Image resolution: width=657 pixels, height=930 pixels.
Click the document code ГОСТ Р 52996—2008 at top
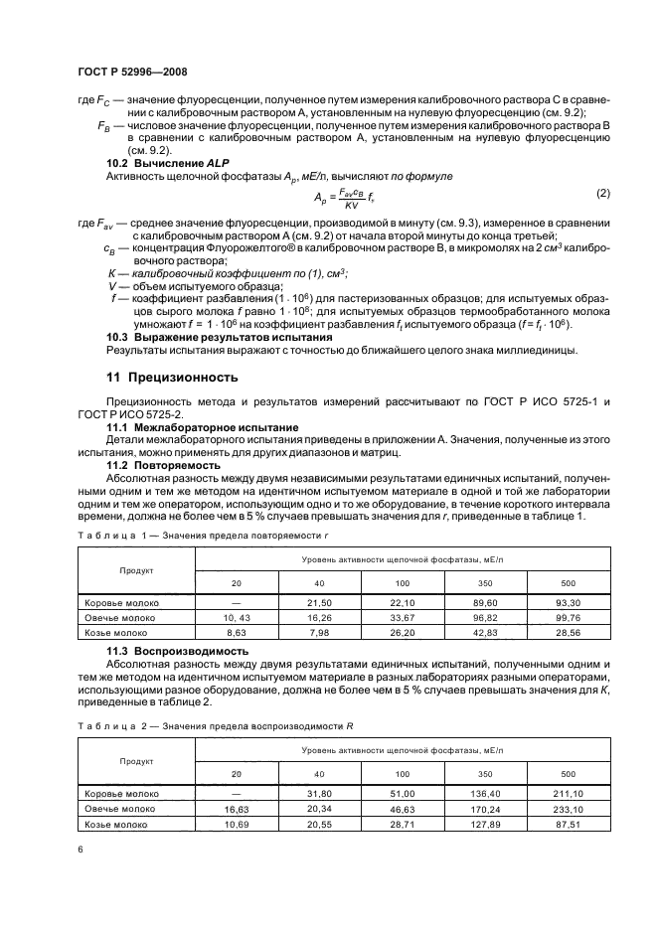(x=131, y=73)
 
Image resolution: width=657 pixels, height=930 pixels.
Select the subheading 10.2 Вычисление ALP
(x=157, y=160)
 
